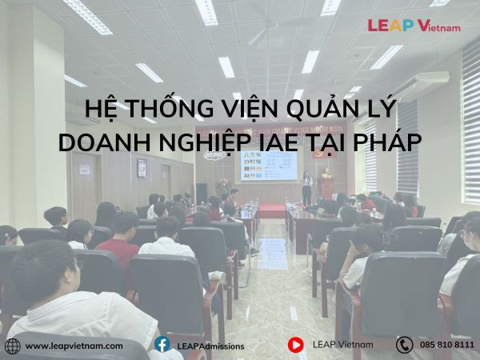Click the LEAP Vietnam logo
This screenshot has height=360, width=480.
tap(414, 26)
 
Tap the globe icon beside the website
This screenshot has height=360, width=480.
tap(13, 346)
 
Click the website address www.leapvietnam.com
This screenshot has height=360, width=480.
tap(74, 346)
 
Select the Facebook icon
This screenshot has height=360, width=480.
tap(162, 344)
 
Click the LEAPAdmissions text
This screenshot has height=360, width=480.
tap(211, 346)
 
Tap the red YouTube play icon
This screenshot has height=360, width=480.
tap(296, 345)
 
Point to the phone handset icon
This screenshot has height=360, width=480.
tap(404, 345)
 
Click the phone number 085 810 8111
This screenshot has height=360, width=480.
tap(447, 345)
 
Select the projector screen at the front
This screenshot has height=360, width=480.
tap(269, 166)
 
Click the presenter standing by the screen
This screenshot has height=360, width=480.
tap(306, 188)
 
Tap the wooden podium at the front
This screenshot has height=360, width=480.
tap(327, 187)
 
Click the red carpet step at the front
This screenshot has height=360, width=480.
tap(272, 210)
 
